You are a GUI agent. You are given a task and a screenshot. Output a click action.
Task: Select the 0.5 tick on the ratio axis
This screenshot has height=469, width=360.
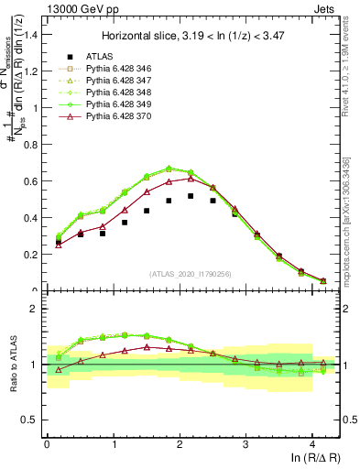point(30,420)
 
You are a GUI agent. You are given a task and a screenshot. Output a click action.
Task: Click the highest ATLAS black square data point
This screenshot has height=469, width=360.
point(191,196)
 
